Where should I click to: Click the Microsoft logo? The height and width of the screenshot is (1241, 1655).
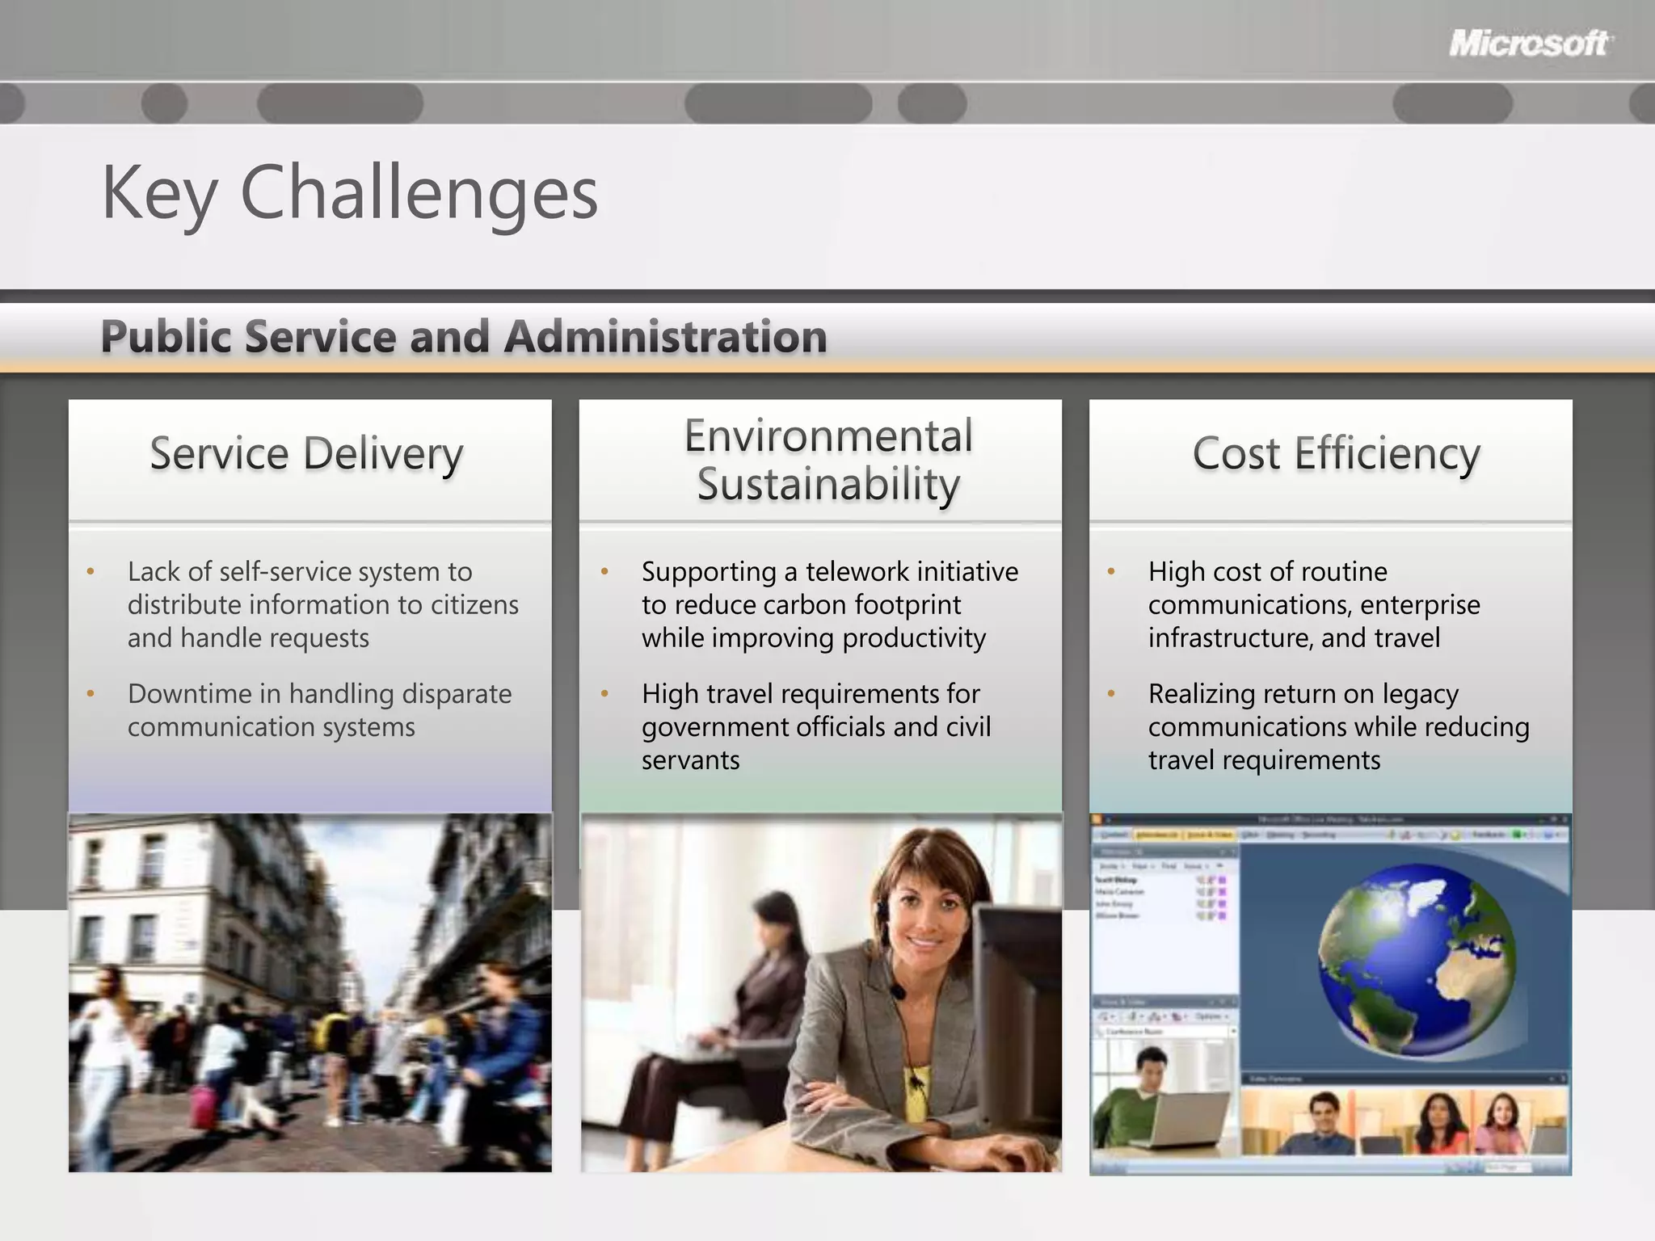[1530, 43]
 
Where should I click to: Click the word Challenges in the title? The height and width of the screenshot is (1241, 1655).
[419, 193]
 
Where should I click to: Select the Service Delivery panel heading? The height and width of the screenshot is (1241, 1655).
[306, 453]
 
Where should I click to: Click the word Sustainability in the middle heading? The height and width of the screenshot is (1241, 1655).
[828, 485]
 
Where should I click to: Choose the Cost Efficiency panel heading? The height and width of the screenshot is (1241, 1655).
[1336, 453]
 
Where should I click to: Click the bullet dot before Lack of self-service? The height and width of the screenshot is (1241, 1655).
[91, 573]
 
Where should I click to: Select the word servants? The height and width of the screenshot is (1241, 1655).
[690, 760]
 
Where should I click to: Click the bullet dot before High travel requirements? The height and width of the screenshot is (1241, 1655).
[604, 694]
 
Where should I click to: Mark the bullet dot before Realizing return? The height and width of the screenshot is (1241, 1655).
[1111, 694]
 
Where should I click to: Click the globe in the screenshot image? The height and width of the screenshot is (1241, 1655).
[1416, 960]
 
